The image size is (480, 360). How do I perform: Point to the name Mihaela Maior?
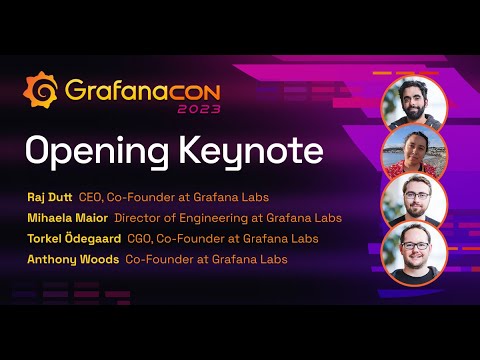(x=68, y=215)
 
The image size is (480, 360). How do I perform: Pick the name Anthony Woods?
(x=72, y=259)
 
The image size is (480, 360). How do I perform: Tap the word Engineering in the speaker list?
(x=212, y=215)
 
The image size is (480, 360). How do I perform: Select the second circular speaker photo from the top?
(x=413, y=151)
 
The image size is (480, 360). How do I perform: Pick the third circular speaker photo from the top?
(x=413, y=199)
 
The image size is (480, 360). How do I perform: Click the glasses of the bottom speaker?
(x=414, y=244)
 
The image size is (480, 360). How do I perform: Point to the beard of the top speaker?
(x=414, y=113)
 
